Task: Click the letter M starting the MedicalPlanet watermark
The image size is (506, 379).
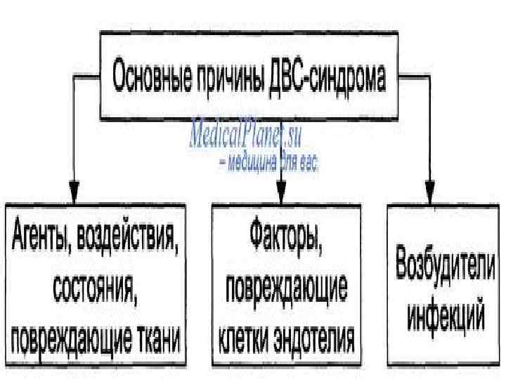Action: (x=199, y=135)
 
